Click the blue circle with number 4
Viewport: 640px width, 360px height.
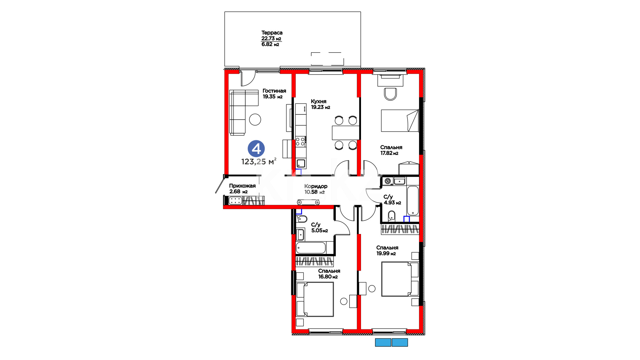[256, 149]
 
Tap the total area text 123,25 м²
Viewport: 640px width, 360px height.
[259, 162]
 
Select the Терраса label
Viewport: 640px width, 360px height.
[272, 33]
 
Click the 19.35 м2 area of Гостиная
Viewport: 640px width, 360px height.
[272, 97]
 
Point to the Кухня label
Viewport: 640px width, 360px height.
[319, 101]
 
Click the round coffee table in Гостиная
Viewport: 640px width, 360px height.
[255, 119]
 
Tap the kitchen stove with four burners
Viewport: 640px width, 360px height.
[301, 141]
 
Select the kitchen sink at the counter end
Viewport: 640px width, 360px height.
[301, 164]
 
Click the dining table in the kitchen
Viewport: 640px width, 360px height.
[346, 133]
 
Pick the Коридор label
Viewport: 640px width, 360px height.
[316, 186]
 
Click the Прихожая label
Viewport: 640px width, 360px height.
[242, 186]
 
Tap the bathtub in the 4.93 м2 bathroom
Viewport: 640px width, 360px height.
[413, 201]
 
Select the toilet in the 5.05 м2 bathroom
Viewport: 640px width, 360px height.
[301, 219]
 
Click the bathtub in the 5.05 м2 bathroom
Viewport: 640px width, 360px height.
[311, 248]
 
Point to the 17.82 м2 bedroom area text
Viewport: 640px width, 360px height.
[389, 153]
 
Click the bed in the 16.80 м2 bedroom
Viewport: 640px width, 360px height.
[315, 299]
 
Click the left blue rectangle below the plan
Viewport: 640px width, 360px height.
[383, 342]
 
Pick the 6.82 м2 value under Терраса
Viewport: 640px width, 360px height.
[270, 44]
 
